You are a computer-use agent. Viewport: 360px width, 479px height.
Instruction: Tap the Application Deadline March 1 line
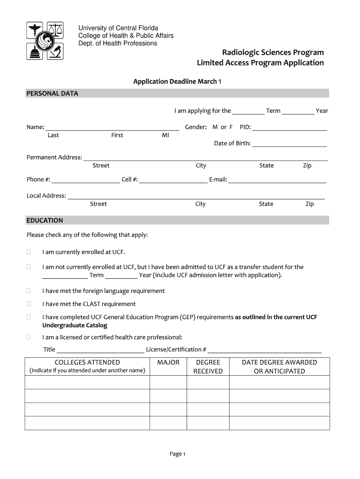point(177,81)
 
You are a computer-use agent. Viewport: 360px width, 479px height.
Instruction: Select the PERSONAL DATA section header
point(52,94)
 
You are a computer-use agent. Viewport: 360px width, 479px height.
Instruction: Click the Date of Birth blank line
point(289,144)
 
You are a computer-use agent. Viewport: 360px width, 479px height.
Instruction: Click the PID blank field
point(289,128)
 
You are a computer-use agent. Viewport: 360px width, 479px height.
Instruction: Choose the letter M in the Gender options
point(215,127)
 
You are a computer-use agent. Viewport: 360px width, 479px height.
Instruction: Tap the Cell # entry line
point(173,180)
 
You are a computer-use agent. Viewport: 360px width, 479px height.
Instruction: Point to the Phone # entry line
point(86,180)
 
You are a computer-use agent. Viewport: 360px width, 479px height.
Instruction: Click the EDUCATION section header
point(45,220)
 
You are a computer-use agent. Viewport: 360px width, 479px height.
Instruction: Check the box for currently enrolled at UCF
point(29,252)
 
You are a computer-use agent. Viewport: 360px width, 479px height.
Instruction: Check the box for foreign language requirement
point(29,291)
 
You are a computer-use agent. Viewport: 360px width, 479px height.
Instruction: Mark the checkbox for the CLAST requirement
point(29,304)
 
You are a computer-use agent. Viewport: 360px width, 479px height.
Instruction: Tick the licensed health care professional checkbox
point(29,337)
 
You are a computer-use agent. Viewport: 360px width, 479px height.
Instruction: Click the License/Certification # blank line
point(265,350)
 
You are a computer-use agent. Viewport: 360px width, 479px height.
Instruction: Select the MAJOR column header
point(168,363)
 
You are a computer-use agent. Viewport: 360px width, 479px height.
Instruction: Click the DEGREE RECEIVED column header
point(208,367)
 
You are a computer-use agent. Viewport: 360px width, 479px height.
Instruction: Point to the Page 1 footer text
point(178,454)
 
